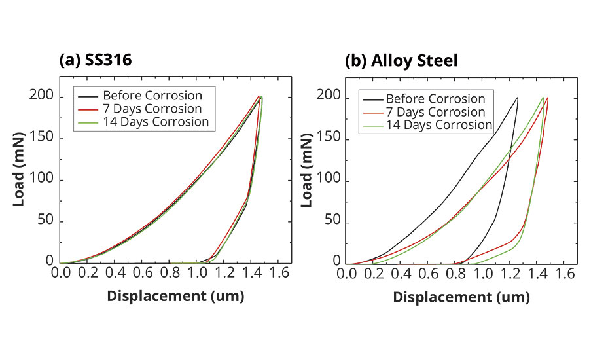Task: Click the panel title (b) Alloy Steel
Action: pyautogui.click(x=401, y=61)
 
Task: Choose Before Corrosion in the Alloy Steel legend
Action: pyautogui.click(x=435, y=99)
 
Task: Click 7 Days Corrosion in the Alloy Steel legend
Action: pyautogui.click(x=435, y=112)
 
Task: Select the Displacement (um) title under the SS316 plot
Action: pyautogui.click(x=175, y=296)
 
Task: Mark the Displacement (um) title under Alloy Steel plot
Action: pyautogui.click(x=461, y=297)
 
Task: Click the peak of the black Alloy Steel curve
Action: pyautogui.click(x=517, y=98)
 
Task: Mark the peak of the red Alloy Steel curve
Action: pyautogui.click(x=547, y=98)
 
